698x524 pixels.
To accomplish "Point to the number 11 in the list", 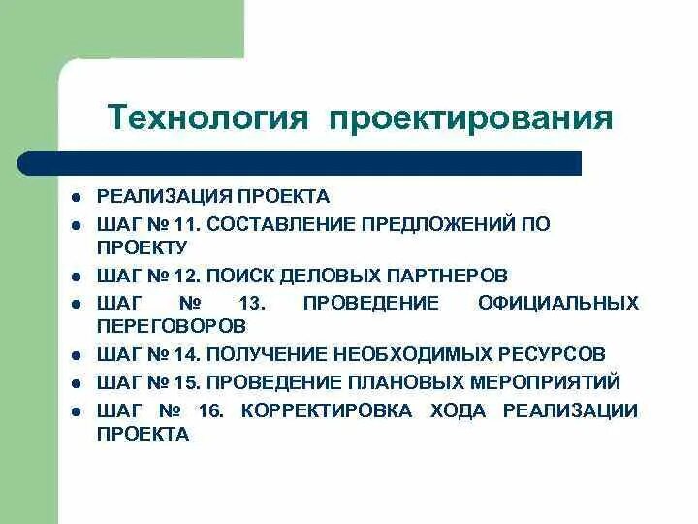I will (188, 224).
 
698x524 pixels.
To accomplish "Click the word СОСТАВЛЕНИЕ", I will (280, 224).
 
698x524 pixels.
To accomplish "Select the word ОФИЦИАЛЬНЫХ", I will (558, 303).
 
